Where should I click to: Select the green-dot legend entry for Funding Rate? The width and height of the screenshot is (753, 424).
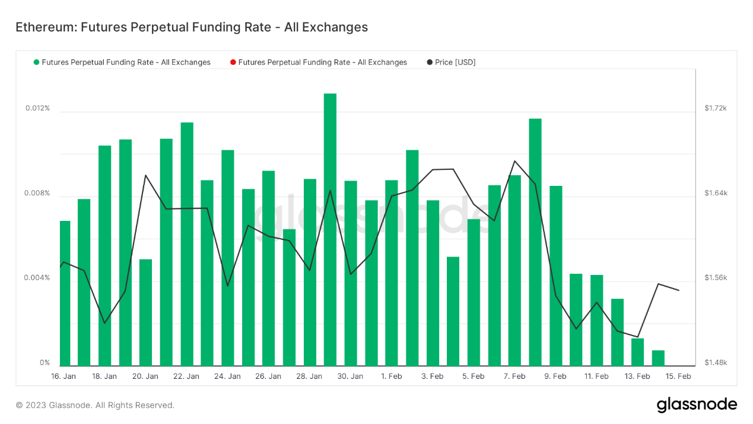[122, 62]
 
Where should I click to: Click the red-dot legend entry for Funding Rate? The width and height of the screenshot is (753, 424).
[318, 62]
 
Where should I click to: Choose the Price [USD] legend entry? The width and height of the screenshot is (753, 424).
[451, 62]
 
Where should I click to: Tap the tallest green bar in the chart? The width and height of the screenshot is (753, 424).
[330, 229]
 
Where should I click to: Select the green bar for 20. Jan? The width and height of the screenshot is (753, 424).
[145, 312]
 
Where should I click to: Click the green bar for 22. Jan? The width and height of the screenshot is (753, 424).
[187, 243]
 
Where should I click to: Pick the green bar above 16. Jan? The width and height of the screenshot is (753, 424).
[65, 293]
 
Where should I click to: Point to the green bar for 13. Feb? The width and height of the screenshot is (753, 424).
[637, 352]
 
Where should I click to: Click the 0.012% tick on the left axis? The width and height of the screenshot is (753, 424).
[37, 109]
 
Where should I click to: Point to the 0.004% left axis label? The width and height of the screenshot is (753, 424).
[37, 279]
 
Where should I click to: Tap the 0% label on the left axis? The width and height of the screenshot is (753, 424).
[45, 363]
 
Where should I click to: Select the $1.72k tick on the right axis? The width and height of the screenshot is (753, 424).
[715, 108]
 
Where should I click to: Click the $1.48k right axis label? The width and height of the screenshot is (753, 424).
[715, 363]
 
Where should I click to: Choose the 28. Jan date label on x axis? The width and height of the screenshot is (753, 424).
[309, 376]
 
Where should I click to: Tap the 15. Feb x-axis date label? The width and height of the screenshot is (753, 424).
[678, 376]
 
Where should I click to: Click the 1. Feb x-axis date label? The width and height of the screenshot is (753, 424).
[391, 376]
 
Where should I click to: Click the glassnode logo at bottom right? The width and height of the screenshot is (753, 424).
[697, 405]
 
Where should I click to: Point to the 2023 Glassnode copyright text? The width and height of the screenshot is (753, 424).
[95, 405]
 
